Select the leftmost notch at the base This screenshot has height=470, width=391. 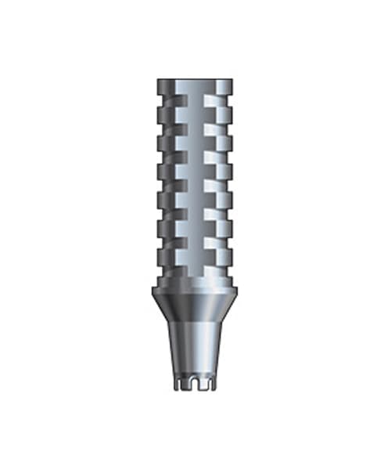coord(180,384)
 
